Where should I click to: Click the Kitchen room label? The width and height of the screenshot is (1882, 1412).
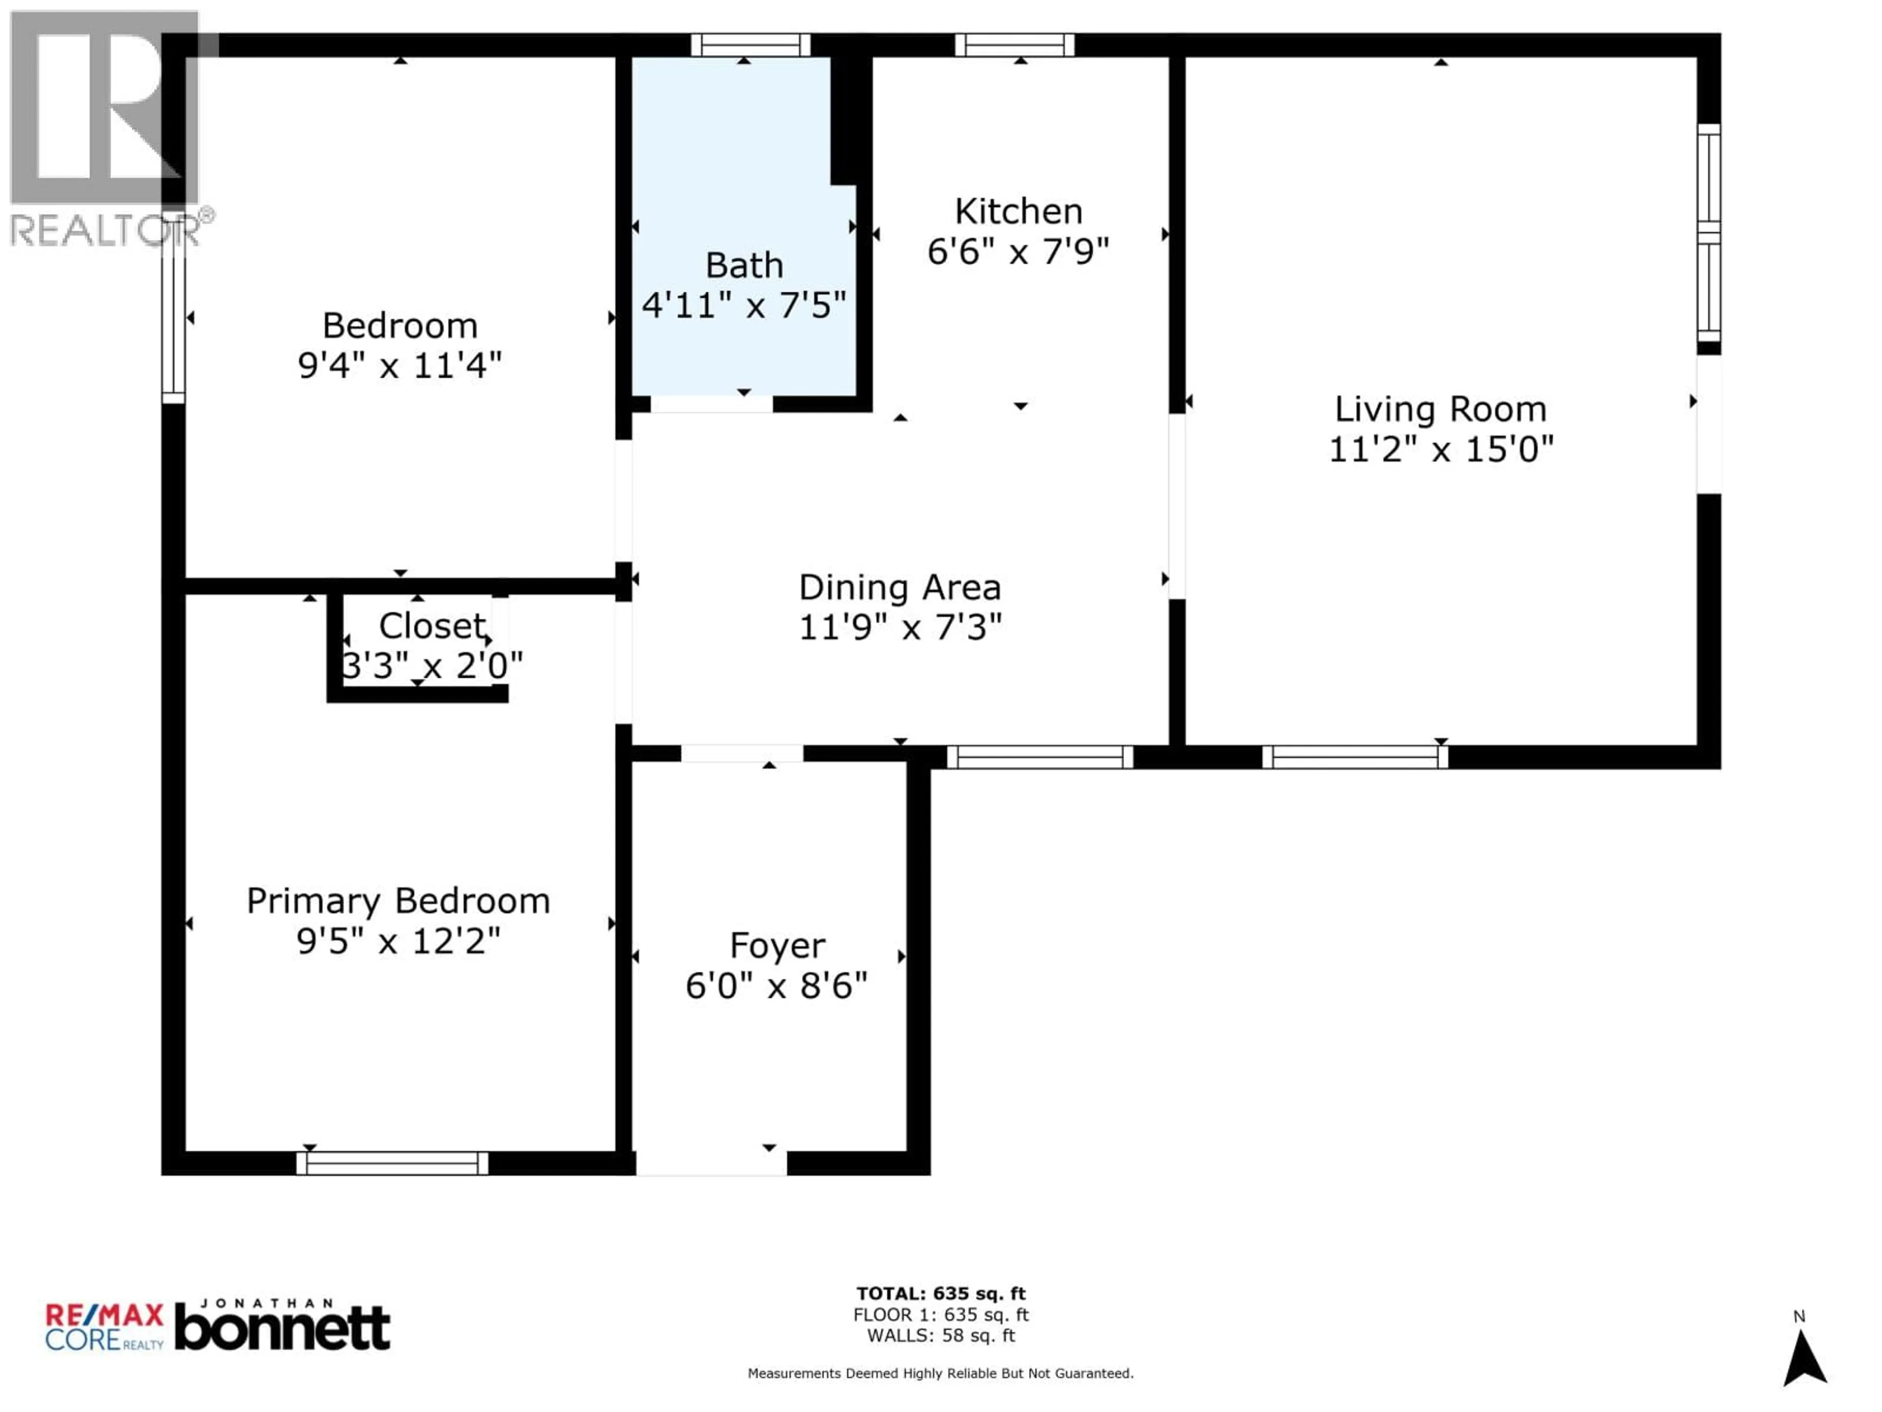pos(1018,211)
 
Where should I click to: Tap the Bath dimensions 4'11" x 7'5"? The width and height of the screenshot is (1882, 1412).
pos(743,304)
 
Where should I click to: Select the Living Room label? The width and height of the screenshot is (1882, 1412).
pos(1439,409)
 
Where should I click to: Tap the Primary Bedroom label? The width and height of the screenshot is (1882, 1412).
pos(398,901)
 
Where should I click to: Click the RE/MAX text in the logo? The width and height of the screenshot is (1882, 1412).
pos(104,1316)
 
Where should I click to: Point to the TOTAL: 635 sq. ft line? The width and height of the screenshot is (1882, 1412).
pos(941,1294)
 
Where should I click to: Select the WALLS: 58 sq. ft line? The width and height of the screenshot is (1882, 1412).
pos(941,1336)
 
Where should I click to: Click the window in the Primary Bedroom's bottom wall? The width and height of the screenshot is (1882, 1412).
pos(392,1163)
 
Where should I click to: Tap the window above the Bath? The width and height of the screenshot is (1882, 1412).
pos(749,45)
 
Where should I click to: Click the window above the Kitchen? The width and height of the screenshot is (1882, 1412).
pos(1014,45)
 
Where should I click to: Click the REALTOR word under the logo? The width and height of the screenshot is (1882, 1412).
pos(104,230)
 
